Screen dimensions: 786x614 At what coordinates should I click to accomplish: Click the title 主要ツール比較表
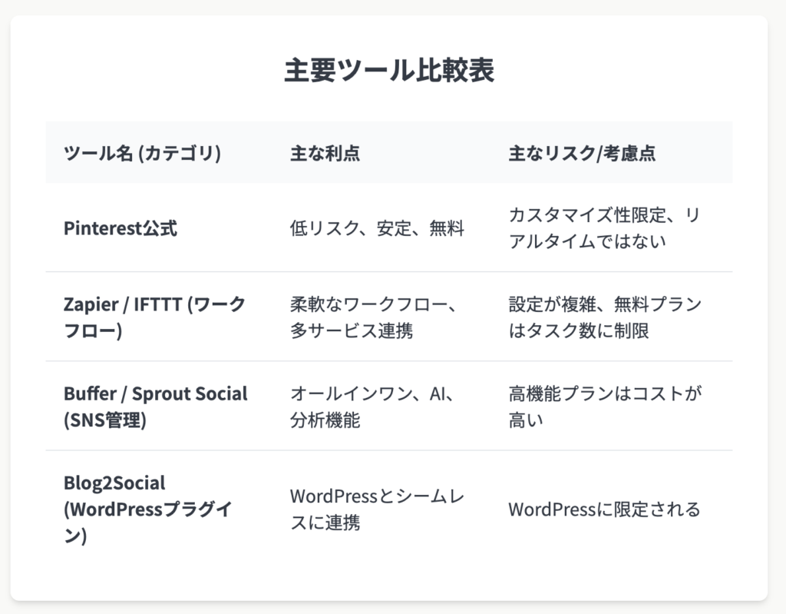(x=389, y=70)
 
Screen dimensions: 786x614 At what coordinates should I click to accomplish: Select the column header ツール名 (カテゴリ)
(x=142, y=153)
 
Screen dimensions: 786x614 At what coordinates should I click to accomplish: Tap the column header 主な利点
(x=325, y=153)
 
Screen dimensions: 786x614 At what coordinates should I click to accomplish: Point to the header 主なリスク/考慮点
(x=582, y=153)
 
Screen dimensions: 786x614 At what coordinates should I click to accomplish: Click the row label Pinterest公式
(x=121, y=228)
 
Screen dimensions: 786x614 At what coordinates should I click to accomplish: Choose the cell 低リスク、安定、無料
(x=377, y=228)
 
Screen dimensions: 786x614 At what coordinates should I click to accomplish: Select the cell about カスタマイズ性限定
(x=604, y=228)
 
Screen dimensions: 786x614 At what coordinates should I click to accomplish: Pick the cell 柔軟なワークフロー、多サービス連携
(x=373, y=317)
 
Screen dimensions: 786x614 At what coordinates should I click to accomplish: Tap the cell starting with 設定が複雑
(x=605, y=317)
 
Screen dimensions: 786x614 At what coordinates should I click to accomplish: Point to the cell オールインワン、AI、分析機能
(x=372, y=407)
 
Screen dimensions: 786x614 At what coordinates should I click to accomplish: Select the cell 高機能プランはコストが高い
(x=605, y=407)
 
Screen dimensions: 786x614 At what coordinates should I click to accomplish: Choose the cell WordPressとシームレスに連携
(x=377, y=509)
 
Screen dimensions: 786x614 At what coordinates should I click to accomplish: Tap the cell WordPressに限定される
(x=604, y=509)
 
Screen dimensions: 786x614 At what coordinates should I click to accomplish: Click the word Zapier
(x=91, y=305)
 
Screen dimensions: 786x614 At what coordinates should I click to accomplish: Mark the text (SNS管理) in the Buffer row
(x=105, y=420)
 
